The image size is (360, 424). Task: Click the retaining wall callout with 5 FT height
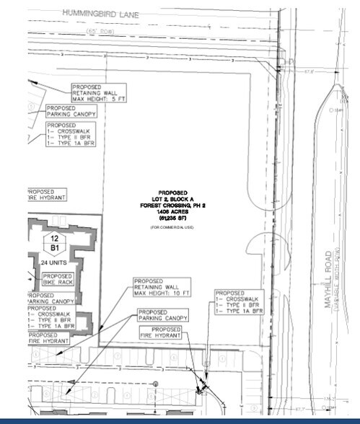(x=98, y=93)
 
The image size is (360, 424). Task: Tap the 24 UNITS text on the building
(x=56, y=263)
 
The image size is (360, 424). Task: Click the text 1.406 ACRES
(x=172, y=212)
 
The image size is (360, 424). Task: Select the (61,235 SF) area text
(x=172, y=218)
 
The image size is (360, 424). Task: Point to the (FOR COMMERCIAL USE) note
(x=172, y=228)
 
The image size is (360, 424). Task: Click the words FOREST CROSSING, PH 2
(x=172, y=206)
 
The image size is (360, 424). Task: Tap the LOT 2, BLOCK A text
(x=172, y=200)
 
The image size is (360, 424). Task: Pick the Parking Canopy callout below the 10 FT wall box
(x=163, y=315)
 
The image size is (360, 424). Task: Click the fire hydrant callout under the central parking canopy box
(x=161, y=332)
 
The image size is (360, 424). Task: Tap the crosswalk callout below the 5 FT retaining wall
(x=71, y=135)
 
